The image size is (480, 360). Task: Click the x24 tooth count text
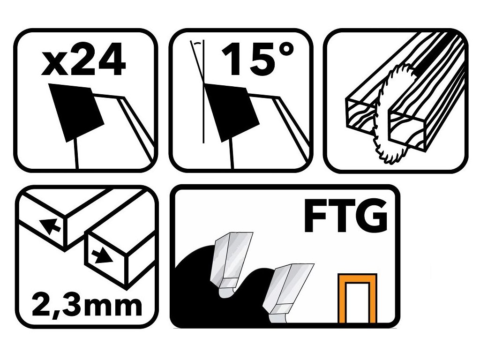coord(83,60)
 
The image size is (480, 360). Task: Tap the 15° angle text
coord(257,59)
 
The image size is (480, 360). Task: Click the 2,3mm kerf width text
coord(87,305)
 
